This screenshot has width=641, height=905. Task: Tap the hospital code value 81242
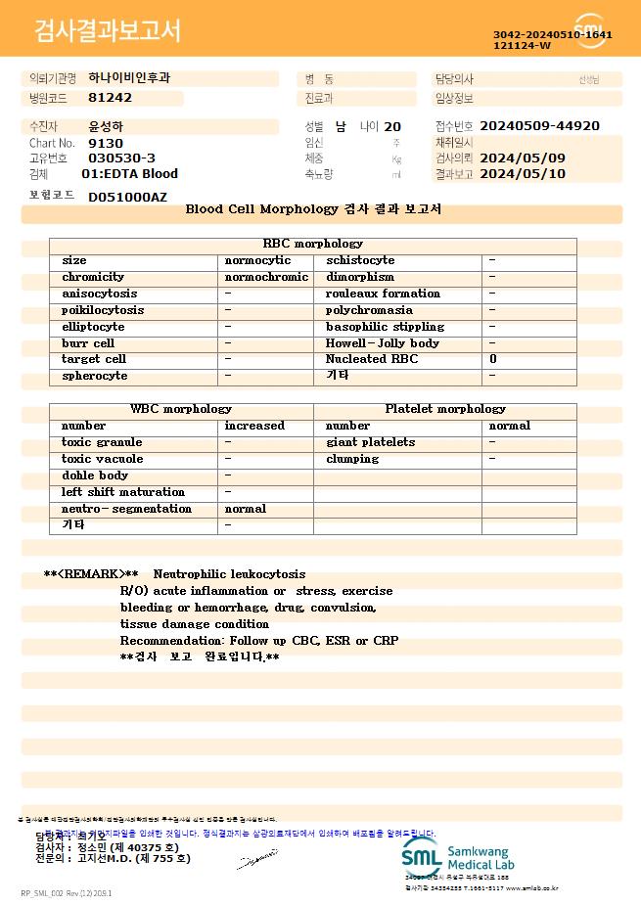click(x=110, y=98)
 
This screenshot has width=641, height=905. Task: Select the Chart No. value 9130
click(x=106, y=143)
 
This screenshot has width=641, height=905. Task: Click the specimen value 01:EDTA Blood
click(x=129, y=174)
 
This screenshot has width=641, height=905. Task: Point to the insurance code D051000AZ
click(x=127, y=197)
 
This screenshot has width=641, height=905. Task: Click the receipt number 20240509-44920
click(x=539, y=126)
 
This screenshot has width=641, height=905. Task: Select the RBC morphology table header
click(x=313, y=244)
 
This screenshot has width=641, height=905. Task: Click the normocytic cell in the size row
click(x=257, y=260)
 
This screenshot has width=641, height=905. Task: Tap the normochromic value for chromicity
click(x=266, y=277)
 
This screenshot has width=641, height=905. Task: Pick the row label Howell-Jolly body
click(x=382, y=343)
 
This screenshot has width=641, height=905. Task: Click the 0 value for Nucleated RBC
click(x=492, y=359)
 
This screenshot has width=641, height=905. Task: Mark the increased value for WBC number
click(x=254, y=426)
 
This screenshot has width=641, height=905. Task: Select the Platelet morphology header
click(x=445, y=409)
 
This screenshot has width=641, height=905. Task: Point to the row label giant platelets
click(x=370, y=442)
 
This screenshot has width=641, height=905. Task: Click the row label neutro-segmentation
click(x=126, y=509)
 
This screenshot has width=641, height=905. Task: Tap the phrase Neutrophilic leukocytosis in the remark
click(x=229, y=574)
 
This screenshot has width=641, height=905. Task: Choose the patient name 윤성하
click(x=106, y=127)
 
